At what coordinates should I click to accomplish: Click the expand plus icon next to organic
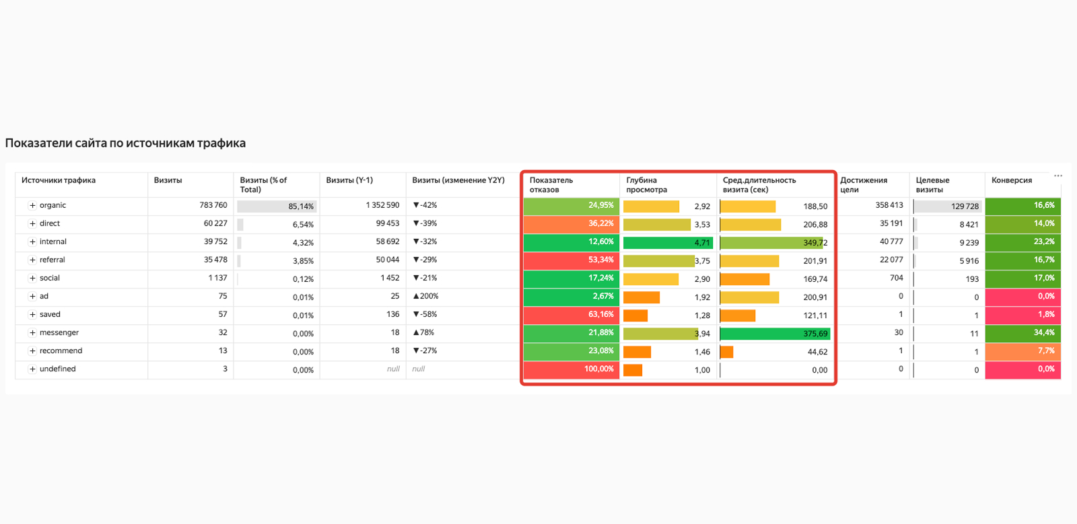[x=32, y=205]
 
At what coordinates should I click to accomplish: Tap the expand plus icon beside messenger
[x=32, y=332]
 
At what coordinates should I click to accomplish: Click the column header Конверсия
[x=1011, y=180]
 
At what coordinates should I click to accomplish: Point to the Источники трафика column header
[x=59, y=180]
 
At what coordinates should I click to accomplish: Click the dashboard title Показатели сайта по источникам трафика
[x=125, y=143]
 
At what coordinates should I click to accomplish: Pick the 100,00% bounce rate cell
[x=571, y=369]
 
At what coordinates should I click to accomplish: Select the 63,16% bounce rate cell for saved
[x=571, y=315]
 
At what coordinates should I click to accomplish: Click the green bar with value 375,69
[x=774, y=334]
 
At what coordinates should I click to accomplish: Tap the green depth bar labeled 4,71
[x=666, y=243]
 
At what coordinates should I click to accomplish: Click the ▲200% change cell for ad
[x=425, y=296]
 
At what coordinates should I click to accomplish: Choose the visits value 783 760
[x=213, y=205]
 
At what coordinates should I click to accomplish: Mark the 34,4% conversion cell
[x=1022, y=333]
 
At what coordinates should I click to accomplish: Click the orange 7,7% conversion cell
[x=1022, y=351]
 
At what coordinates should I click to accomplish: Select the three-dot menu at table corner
[x=1058, y=176]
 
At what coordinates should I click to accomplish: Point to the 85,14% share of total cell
[x=277, y=207]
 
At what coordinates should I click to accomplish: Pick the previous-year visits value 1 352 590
[x=382, y=205]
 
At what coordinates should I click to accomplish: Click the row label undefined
[x=57, y=369]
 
